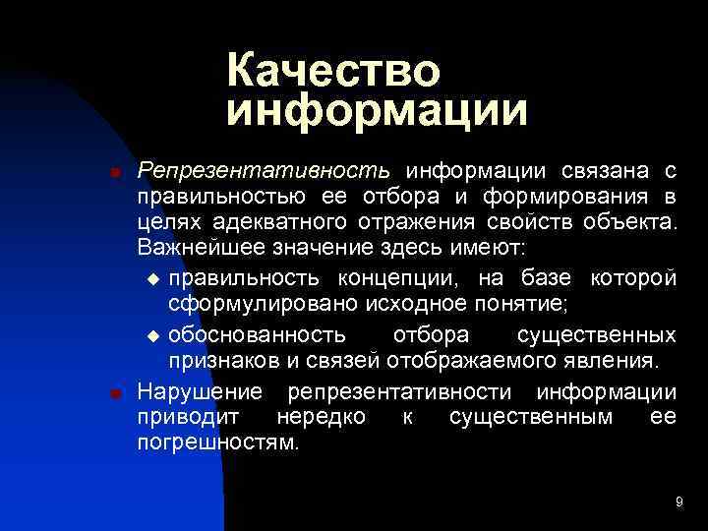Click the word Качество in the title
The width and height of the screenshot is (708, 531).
click(x=333, y=72)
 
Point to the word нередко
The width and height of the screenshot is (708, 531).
click(x=321, y=417)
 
